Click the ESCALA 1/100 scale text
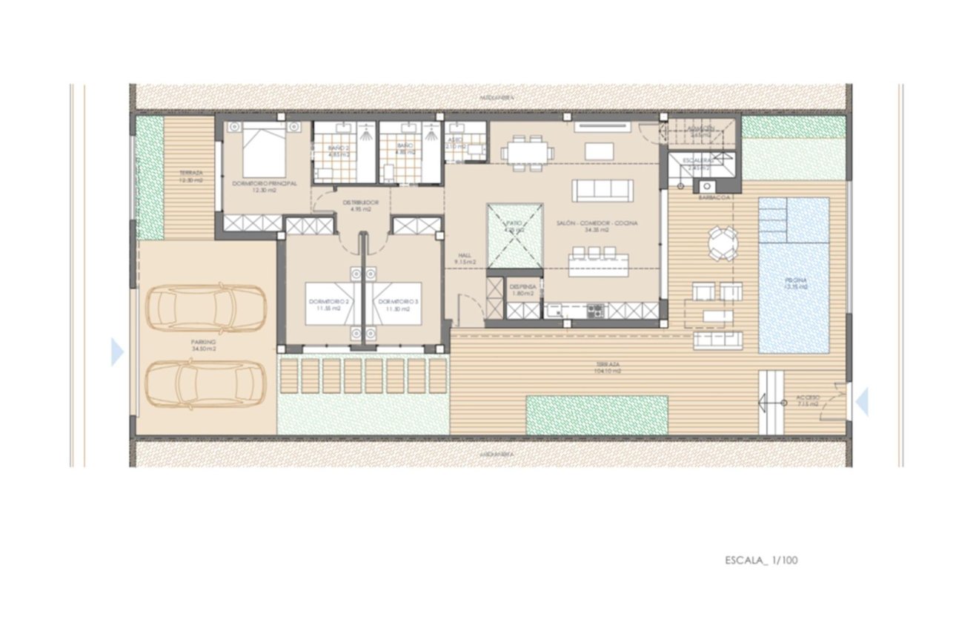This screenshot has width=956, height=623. pyautogui.click(x=761, y=561)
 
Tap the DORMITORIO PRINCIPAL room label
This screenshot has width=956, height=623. pyautogui.click(x=264, y=182)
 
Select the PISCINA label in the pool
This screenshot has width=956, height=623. pyautogui.click(x=794, y=282)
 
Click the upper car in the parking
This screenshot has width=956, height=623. pyautogui.click(x=205, y=308)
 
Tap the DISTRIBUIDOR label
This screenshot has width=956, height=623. pyautogui.click(x=361, y=202)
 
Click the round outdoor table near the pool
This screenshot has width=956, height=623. pyautogui.click(x=722, y=243)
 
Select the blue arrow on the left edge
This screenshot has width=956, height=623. pyautogui.click(x=117, y=352)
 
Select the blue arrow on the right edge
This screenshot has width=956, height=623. pyautogui.click(x=862, y=403)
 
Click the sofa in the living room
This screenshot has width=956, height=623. pyautogui.click(x=603, y=190)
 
